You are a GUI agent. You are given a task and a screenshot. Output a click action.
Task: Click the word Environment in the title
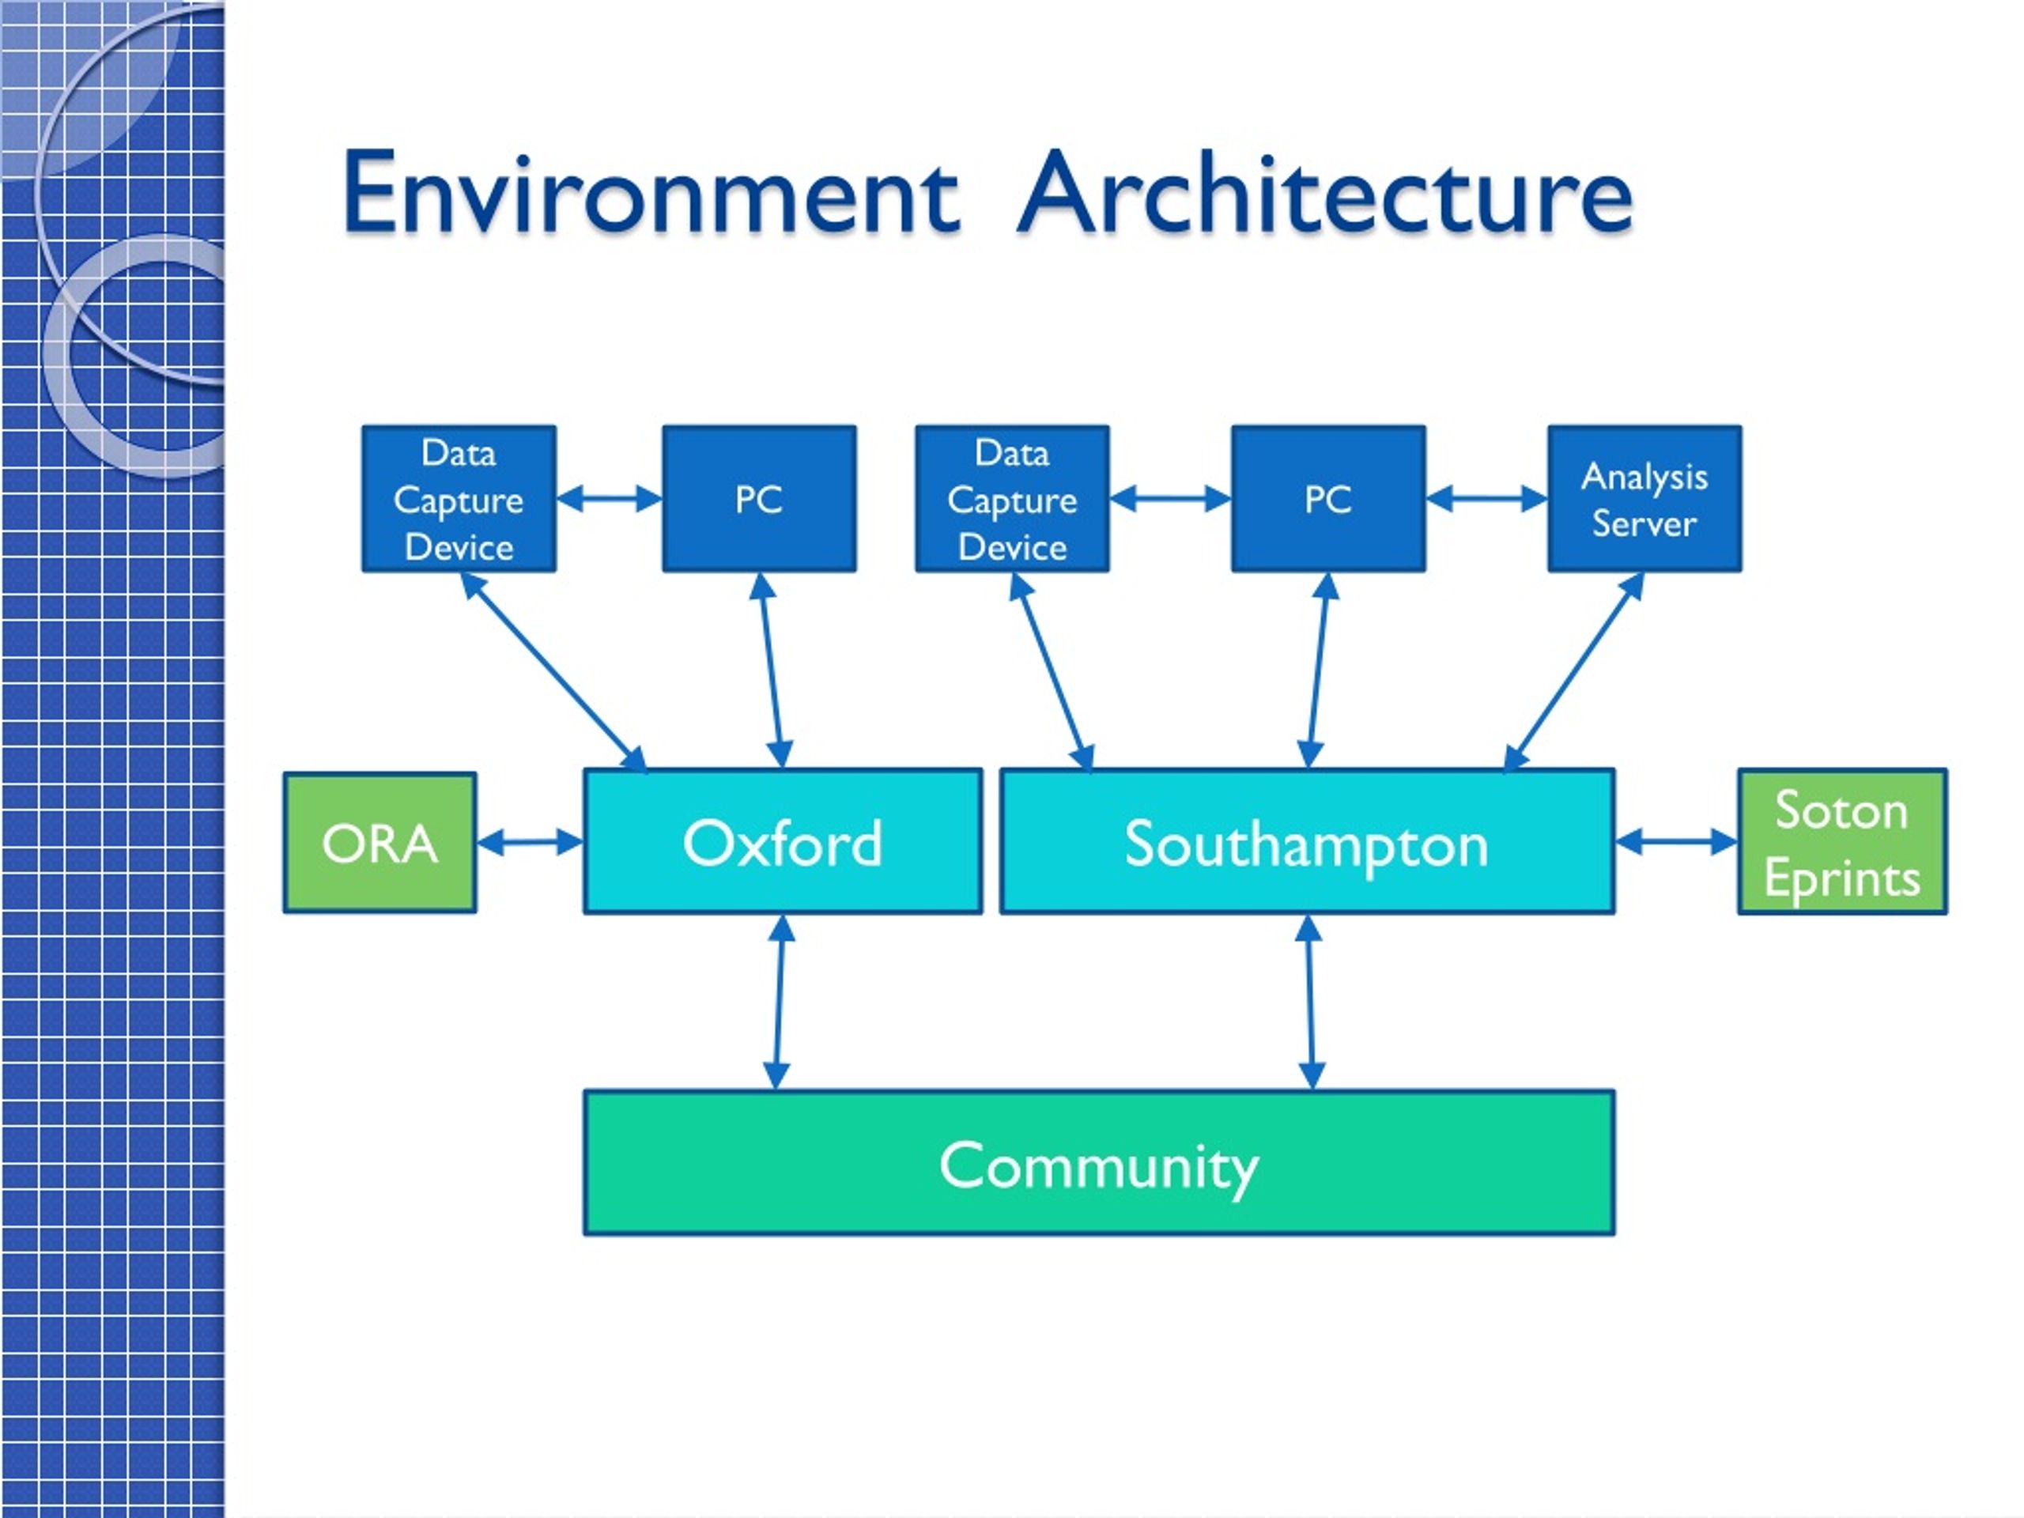[651, 194]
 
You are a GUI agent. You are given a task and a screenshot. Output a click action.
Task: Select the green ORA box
[379, 843]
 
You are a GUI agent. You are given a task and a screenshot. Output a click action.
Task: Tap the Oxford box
[784, 842]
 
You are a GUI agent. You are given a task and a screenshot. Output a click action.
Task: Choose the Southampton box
[1308, 842]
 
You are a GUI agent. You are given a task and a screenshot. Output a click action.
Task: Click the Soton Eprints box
[1843, 842]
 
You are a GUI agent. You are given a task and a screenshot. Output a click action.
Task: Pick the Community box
[1099, 1163]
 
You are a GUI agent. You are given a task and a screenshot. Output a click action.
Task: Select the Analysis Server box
[1644, 499]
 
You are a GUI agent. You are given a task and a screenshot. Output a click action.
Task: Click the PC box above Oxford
[760, 499]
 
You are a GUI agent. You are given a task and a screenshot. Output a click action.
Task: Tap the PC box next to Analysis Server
[1328, 499]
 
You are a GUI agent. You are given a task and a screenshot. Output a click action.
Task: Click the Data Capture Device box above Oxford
[459, 499]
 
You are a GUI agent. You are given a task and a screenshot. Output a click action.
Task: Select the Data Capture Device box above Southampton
[1013, 499]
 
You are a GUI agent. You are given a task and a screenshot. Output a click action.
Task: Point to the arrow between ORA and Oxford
[531, 842]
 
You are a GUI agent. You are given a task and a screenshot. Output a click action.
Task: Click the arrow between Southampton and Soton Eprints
[1676, 841]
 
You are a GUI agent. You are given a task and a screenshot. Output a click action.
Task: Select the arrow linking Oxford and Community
[779, 1002]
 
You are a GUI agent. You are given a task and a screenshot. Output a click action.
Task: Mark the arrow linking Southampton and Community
[1310, 1002]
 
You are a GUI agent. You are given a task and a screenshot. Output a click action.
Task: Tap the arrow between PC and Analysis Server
[1487, 499]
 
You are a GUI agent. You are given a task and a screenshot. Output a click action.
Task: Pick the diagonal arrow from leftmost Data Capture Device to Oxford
[553, 671]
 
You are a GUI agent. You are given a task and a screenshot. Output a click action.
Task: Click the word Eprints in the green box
[1842, 878]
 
